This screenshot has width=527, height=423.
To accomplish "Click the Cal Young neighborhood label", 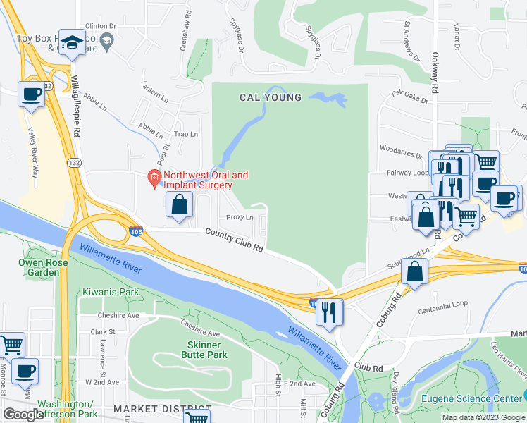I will pyautogui.click(x=271, y=97).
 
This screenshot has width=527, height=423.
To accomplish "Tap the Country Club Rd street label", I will pyautogui.click(x=235, y=240).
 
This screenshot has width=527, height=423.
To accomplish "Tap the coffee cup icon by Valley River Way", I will pyautogui.click(x=31, y=94).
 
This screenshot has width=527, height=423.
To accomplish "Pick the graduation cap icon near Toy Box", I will pyautogui.click(x=72, y=42).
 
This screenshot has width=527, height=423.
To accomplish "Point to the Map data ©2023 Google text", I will pyautogui.click(x=483, y=417).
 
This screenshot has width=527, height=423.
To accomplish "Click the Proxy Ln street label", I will pyautogui.click(x=240, y=217).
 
